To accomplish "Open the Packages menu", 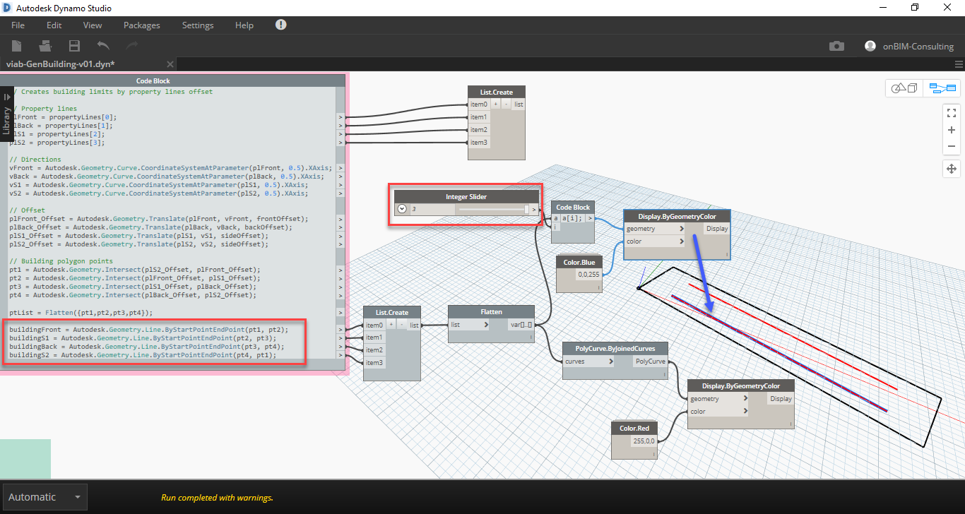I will [x=141, y=25].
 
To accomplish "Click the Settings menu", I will [x=198, y=25].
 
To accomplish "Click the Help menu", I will [x=244, y=25].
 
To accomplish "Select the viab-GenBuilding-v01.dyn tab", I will [x=60, y=64].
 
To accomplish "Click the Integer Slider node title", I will [x=466, y=196].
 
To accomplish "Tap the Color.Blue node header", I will [x=579, y=263].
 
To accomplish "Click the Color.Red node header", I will [x=634, y=429].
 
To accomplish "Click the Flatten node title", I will [x=491, y=311].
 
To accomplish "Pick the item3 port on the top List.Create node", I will [x=479, y=143].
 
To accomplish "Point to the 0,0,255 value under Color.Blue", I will [x=588, y=275].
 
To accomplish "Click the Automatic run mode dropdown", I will [x=45, y=497].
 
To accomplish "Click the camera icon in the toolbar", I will [x=836, y=46].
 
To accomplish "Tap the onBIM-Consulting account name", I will [x=918, y=47].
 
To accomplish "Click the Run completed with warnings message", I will [x=217, y=498].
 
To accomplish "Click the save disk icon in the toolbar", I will [x=74, y=46].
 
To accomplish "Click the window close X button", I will [x=947, y=8].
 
